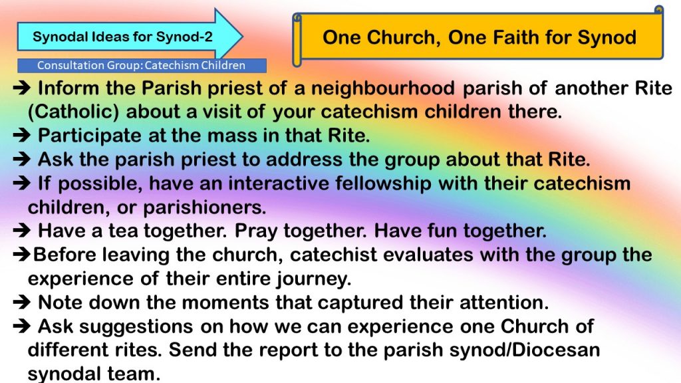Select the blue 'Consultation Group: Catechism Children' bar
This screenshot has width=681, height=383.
point(142,66)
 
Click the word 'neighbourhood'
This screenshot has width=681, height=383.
point(383,88)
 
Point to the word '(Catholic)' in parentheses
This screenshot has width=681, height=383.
point(73,112)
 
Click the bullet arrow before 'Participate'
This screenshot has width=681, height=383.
point(22,136)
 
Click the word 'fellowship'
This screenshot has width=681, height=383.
point(384,184)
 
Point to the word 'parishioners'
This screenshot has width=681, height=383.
point(205,207)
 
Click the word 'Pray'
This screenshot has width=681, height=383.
point(256,231)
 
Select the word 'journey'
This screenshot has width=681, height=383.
point(314,279)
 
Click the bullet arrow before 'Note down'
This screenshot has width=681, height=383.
point(22,303)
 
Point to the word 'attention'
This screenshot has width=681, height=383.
point(504,303)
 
